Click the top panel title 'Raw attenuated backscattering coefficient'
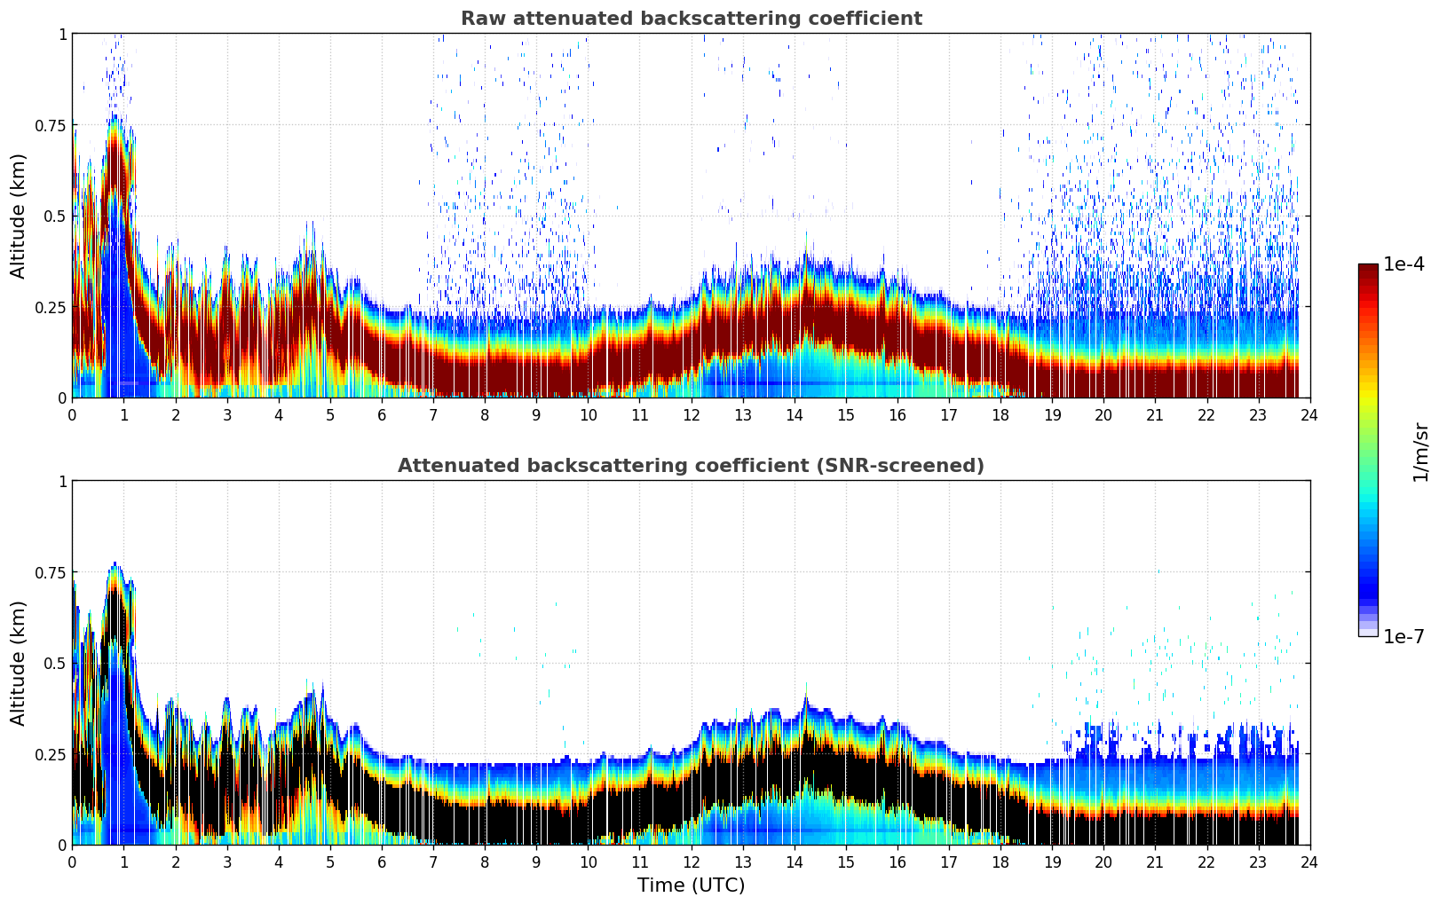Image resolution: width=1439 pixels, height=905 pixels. click(691, 19)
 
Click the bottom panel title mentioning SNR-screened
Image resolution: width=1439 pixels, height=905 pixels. click(691, 466)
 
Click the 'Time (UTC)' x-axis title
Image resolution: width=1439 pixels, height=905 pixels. click(691, 885)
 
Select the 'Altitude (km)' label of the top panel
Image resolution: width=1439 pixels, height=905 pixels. click(19, 216)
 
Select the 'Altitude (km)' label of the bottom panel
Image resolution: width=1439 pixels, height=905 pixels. click(19, 663)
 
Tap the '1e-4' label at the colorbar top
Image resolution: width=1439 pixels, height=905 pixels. click(1404, 264)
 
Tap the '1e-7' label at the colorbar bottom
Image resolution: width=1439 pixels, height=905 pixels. click(1403, 637)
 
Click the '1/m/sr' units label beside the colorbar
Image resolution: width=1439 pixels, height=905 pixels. click(1420, 451)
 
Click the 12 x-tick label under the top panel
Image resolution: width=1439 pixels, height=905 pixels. click(691, 414)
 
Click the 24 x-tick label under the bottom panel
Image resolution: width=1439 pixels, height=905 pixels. click(1309, 862)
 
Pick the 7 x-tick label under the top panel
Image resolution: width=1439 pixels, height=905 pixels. click(433, 414)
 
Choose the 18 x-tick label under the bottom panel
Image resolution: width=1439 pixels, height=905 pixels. click(1000, 862)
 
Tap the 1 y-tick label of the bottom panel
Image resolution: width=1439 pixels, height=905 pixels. click(62, 481)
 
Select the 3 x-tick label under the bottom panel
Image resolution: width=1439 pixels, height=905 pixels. click(227, 862)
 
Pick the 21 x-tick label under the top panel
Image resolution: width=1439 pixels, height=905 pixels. click(1155, 414)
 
